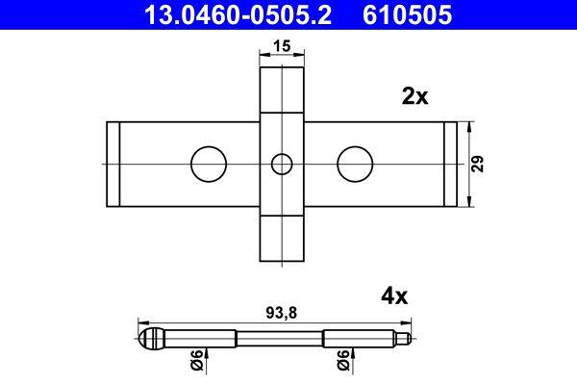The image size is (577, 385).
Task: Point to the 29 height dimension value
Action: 479,164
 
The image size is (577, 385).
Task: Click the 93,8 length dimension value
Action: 280,312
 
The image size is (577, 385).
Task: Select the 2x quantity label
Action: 413,97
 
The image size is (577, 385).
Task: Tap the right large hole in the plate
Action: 355,164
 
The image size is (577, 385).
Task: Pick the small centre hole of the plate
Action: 281,164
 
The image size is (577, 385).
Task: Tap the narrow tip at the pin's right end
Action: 408,338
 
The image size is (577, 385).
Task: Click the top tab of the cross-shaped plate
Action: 281,87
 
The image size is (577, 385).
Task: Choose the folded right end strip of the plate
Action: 450,164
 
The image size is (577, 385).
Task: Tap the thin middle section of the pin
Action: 280,338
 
